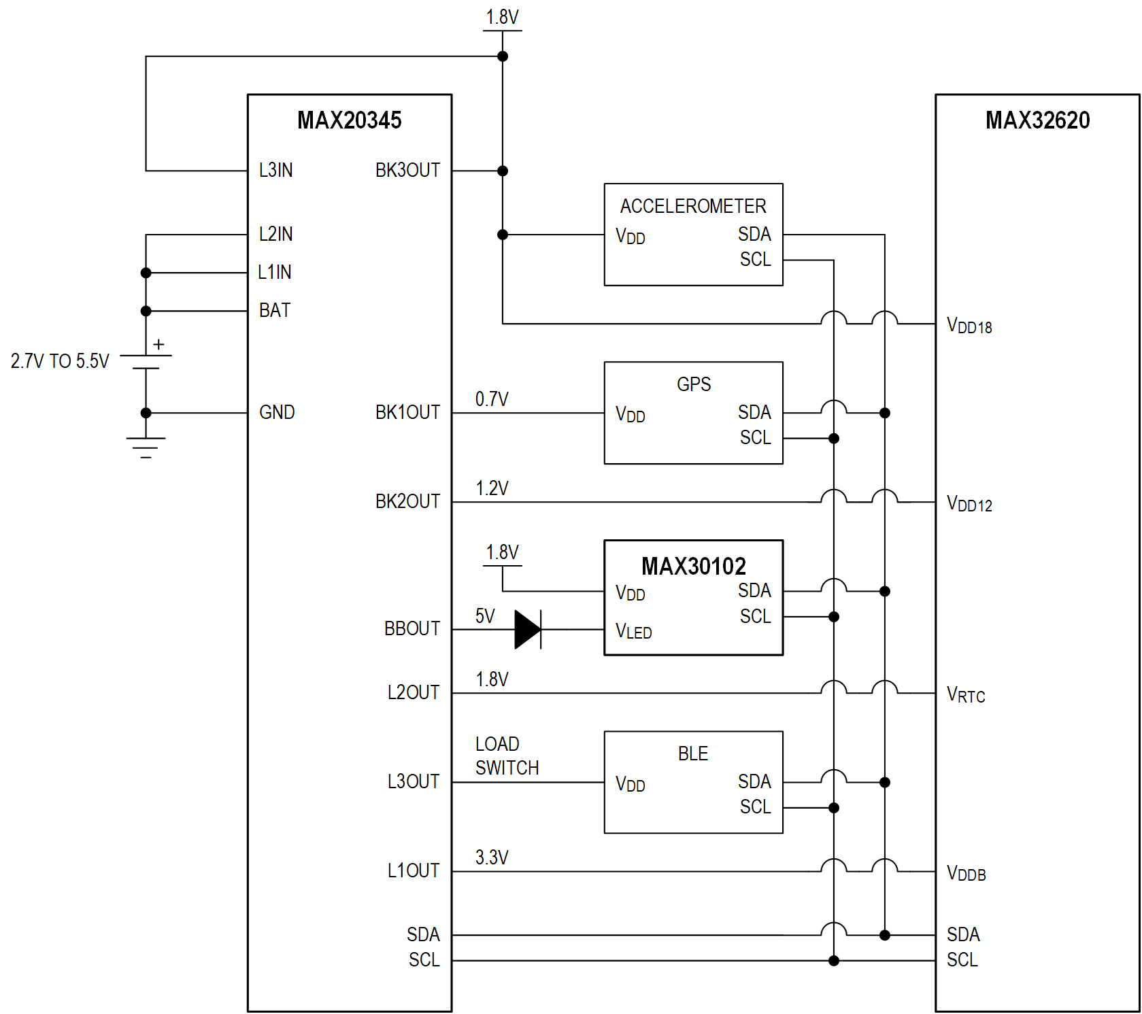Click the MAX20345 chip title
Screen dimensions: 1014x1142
349,120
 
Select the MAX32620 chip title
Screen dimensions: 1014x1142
1037,120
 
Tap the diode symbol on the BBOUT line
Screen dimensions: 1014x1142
528,629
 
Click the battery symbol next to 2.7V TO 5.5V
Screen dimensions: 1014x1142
146,362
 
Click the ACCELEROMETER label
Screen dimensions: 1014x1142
693,206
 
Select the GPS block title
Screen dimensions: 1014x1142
693,384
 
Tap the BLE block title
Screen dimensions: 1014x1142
693,754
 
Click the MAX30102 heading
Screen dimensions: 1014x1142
693,566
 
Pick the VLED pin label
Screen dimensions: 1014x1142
633,631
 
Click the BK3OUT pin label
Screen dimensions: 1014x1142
407,170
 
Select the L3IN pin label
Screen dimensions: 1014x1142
275,170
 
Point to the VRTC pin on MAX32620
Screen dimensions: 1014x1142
966,694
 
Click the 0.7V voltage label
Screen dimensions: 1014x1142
492,399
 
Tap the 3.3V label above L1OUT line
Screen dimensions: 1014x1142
492,857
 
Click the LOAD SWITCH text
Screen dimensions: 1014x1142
507,756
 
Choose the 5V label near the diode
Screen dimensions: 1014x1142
485,615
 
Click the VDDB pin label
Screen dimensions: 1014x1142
966,873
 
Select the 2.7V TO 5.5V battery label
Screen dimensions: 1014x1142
60,361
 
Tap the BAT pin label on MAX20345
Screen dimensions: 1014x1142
275,310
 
